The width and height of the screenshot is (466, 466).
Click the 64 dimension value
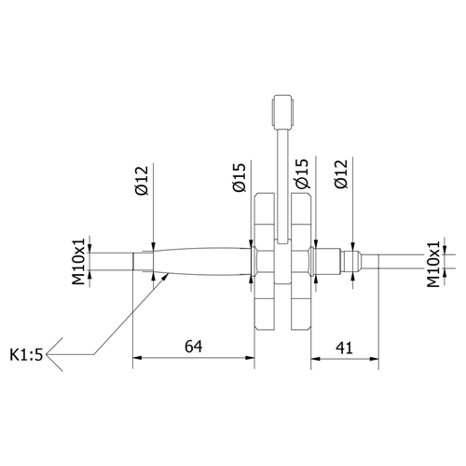[193, 347]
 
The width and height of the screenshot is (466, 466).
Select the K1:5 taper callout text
[27, 354]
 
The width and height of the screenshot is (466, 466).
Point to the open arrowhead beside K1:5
[54, 354]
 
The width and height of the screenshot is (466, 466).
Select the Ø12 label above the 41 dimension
[341, 177]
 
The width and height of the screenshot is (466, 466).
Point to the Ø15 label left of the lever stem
[240, 177]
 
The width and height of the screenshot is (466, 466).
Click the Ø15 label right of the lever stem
[302, 177]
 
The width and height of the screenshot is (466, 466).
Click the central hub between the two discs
[282, 259]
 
